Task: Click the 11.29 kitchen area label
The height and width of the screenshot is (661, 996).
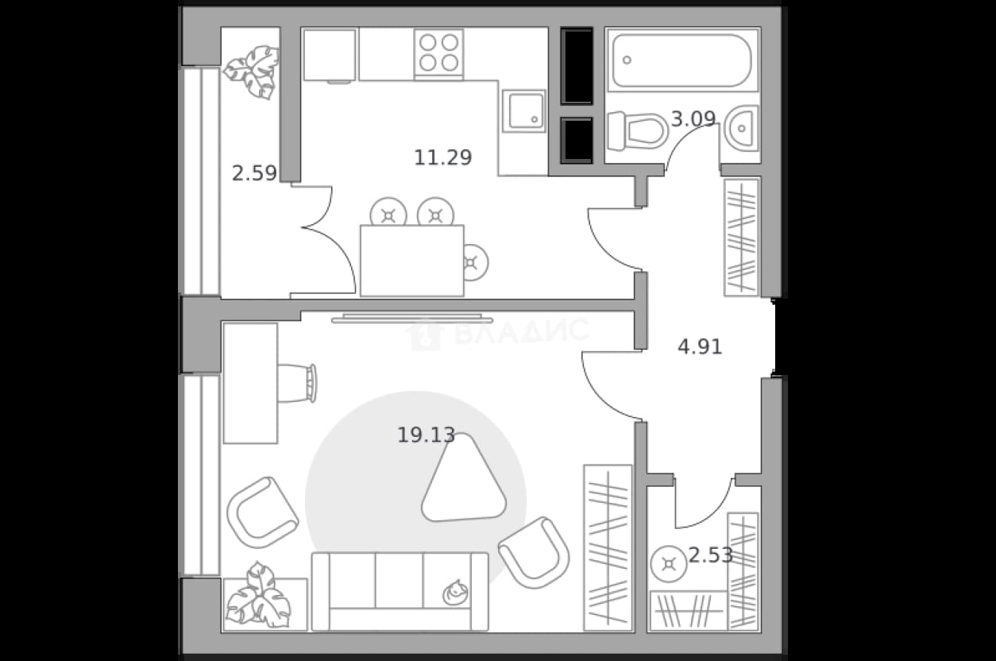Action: [x=443, y=157]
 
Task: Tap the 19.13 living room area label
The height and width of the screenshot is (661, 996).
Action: [x=426, y=435]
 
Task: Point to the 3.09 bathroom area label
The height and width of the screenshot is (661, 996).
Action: [x=693, y=118]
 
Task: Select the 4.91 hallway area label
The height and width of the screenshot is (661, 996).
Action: [x=700, y=346]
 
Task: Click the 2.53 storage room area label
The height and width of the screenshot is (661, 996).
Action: [x=711, y=555]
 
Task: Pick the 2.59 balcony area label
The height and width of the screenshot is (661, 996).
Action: [x=254, y=173]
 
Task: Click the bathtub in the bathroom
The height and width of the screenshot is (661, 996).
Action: [x=682, y=60]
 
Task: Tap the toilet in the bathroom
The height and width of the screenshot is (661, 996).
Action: [x=638, y=131]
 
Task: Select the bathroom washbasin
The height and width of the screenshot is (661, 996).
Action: [x=741, y=128]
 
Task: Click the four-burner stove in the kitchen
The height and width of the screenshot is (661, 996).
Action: [x=439, y=53]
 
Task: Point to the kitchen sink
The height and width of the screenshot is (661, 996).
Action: [x=523, y=111]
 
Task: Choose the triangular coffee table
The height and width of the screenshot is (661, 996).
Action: [x=464, y=478]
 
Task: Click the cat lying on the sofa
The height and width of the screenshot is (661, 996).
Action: [x=455, y=593]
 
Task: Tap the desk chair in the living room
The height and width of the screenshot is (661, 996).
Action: [x=297, y=383]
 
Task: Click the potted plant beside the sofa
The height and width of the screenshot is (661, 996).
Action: [x=258, y=595]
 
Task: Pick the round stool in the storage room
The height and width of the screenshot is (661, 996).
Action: [x=669, y=564]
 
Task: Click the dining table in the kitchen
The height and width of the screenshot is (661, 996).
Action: [x=412, y=261]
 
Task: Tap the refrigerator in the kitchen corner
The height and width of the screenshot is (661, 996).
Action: [x=330, y=55]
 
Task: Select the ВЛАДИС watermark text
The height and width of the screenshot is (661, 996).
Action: [x=522, y=331]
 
